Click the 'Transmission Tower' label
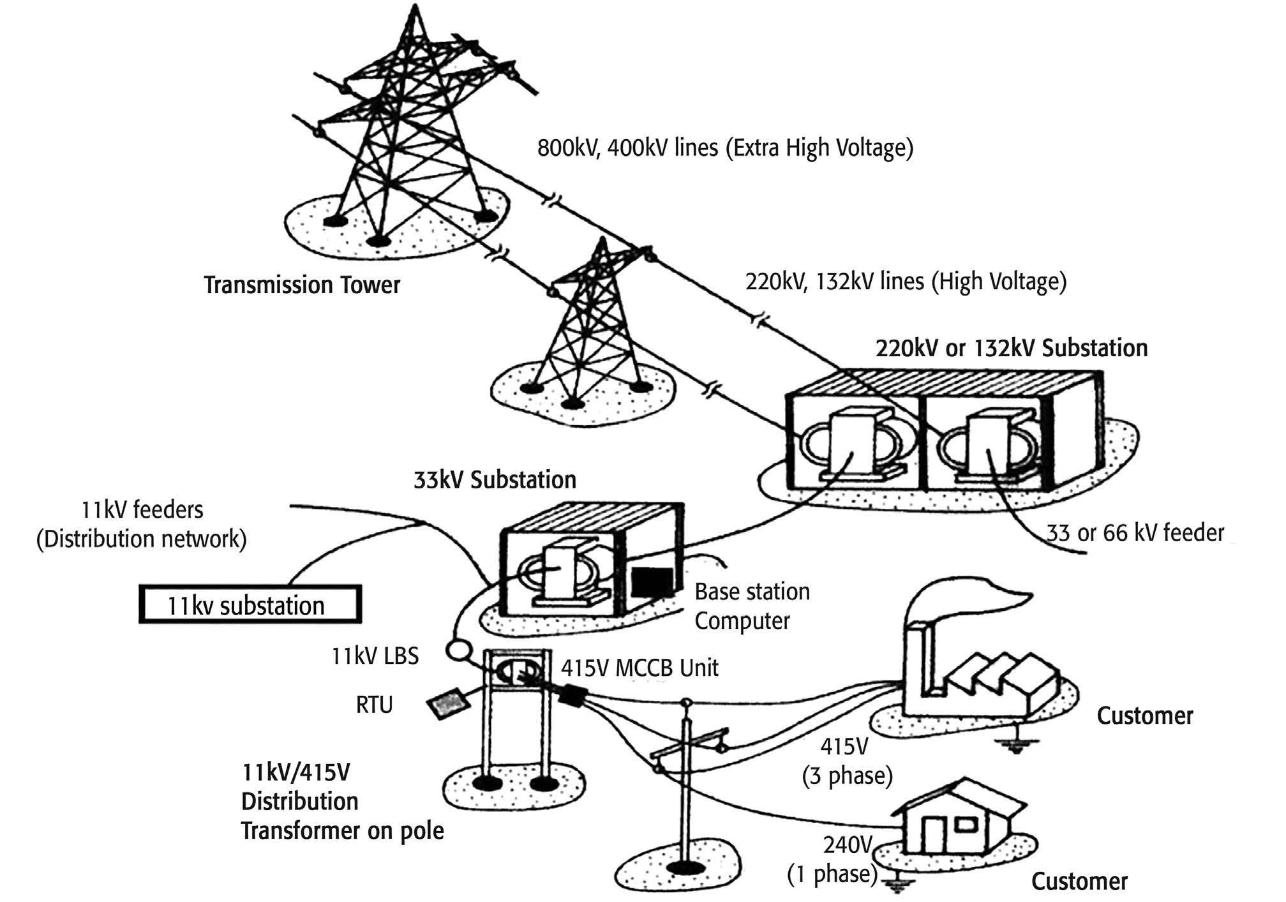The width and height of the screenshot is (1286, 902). click(302, 285)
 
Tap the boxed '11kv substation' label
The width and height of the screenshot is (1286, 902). click(250, 604)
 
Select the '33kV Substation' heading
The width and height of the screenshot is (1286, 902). click(495, 479)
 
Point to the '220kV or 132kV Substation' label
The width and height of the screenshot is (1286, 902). click(1012, 349)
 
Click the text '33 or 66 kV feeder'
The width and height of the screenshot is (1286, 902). click(1135, 532)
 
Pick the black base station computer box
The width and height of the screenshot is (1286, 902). click(652, 581)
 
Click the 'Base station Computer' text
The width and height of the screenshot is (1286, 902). click(752, 606)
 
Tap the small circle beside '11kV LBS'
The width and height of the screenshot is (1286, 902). click(457, 650)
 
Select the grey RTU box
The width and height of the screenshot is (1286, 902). click(449, 703)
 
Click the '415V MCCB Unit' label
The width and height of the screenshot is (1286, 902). click(639, 668)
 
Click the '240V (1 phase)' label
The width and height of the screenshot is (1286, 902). click(834, 859)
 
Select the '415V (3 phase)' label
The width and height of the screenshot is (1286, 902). click(847, 761)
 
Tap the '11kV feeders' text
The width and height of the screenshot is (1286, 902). click(142, 510)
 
